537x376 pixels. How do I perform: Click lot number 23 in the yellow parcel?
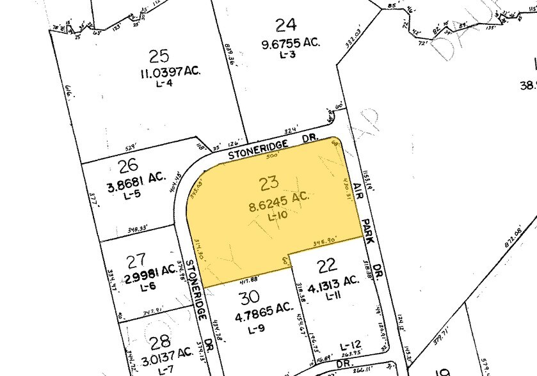[x=269, y=183]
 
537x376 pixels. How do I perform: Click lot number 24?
[x=286, y=26]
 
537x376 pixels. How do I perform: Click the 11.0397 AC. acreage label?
[x=170, y=72]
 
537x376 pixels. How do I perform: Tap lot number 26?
[x=128, y=164]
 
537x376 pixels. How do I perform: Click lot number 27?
[x=136, y=262]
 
